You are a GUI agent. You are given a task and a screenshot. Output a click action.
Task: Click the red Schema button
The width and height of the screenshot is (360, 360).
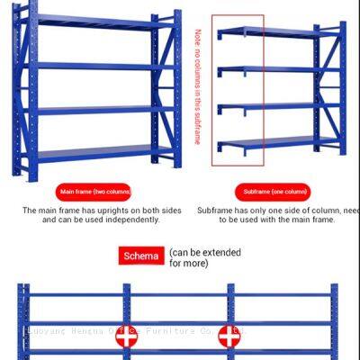click(x=141, y=256)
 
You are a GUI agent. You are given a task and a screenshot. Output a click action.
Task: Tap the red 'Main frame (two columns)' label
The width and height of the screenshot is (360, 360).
click(x=95, y=192)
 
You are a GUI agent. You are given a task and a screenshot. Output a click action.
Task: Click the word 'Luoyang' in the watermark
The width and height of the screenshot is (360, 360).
click(x=43, y=330)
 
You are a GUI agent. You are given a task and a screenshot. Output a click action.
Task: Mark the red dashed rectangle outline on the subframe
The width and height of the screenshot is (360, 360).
click(x=212, y=90)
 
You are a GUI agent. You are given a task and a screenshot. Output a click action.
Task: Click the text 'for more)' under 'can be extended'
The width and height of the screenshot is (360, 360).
click(x=188, y=263)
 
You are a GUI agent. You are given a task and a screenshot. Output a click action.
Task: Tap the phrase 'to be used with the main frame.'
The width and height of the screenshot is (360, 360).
click(x=276, y=220)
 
